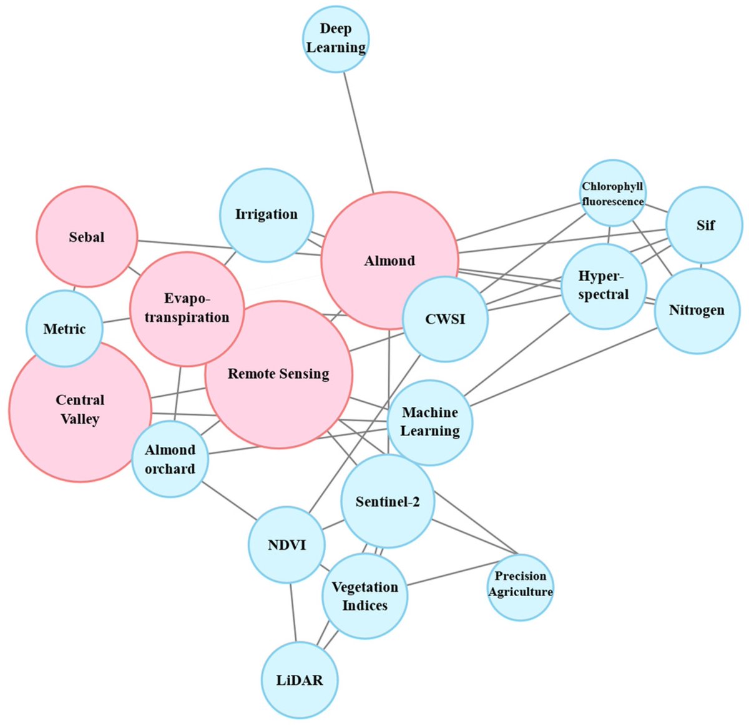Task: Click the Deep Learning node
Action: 336,38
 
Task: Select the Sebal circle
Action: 87,237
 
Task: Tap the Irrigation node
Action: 267,214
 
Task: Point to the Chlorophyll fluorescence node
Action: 612,193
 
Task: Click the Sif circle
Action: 705,225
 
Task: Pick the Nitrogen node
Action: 697,311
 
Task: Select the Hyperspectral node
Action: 604,286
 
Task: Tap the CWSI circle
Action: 445,319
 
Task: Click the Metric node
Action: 64,329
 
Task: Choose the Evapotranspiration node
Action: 187,309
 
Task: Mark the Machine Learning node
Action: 430,422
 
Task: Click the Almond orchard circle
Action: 170,459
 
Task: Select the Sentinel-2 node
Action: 388,501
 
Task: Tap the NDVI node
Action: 286,545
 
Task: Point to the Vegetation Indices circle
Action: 365,596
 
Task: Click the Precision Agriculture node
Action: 520,587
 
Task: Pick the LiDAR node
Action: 300,680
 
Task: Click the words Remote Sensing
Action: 278,374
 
